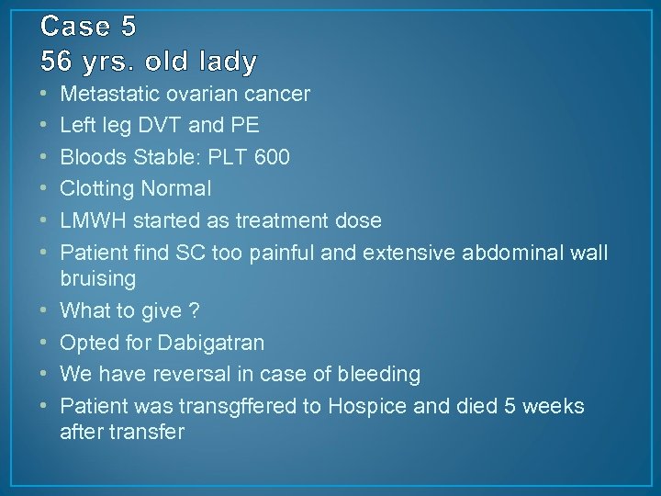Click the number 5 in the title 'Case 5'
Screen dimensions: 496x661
(127, 28)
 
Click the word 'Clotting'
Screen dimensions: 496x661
(95, 189)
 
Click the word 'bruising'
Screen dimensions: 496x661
(98, 278)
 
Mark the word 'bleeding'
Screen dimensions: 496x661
(379, 374)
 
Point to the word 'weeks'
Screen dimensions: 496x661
(554, 406)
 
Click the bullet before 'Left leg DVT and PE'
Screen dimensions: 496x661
(46, 126)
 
